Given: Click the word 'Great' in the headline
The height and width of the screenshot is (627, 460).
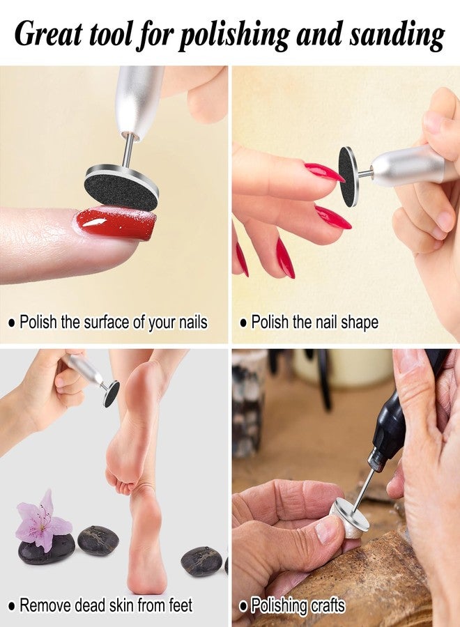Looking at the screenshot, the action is pyautogui.click(x=48, y=33).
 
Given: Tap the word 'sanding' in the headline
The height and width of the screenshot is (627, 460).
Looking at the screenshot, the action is pyautogui.click(x=397, y=36).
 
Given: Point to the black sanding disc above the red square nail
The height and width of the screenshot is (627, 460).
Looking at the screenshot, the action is pyautogui.click(x=121, y=188).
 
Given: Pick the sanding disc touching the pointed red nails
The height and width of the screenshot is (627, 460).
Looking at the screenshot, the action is pyautogui.click(x=348, y=176).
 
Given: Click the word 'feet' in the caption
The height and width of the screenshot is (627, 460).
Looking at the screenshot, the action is pyautogui.click(x=180, y=605).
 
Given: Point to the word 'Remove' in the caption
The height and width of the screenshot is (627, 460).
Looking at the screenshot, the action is pyautogui.click(x=45, y=605).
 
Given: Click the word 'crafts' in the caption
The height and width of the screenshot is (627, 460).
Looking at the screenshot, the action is pyautogui.click(x=326, y=605).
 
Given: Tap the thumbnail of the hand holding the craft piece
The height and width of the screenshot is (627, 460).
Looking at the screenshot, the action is pyautogui.click(x=326, y=531).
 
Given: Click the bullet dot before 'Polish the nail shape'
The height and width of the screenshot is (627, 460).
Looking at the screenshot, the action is pyautogui.click(x=244, y=323).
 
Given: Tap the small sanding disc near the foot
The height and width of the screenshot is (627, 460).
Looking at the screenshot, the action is pyautogui.click(x=111, y=394).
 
